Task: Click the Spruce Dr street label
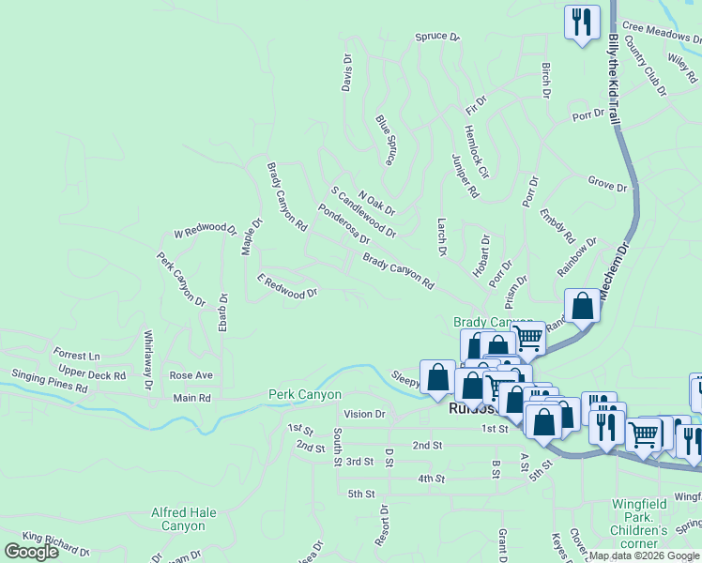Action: tap(438, 38)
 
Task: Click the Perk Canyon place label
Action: tap(305, 395)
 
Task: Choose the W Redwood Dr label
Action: tap(206, 229)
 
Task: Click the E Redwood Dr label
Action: tap(287, 287)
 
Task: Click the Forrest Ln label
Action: tap(77, 357)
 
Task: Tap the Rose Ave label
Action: tap(191, 375)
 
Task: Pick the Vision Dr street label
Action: tap(365, 414)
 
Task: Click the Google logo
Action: tap(31, 552)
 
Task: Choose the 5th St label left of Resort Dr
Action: tap(360, 494)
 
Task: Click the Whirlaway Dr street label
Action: tap(148, 358)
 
